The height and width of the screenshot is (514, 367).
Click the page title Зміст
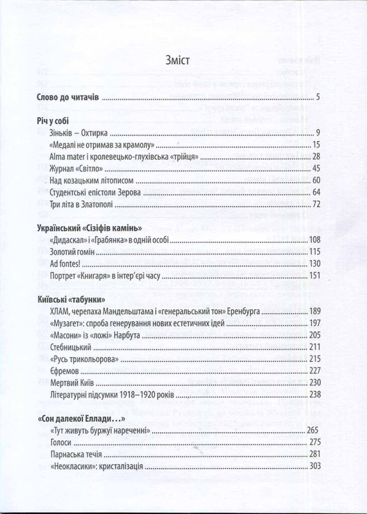pos(177,62)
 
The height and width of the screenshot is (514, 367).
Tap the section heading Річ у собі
pos(53,120)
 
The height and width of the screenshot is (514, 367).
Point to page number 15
pos(316,145)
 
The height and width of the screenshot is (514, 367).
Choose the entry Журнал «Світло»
pos(73,169)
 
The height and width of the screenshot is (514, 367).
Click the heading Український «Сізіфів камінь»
pos(86,227)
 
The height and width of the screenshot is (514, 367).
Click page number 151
pos(314,275)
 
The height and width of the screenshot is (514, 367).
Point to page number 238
pos(314,394)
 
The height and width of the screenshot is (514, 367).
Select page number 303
pos(314,466)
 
